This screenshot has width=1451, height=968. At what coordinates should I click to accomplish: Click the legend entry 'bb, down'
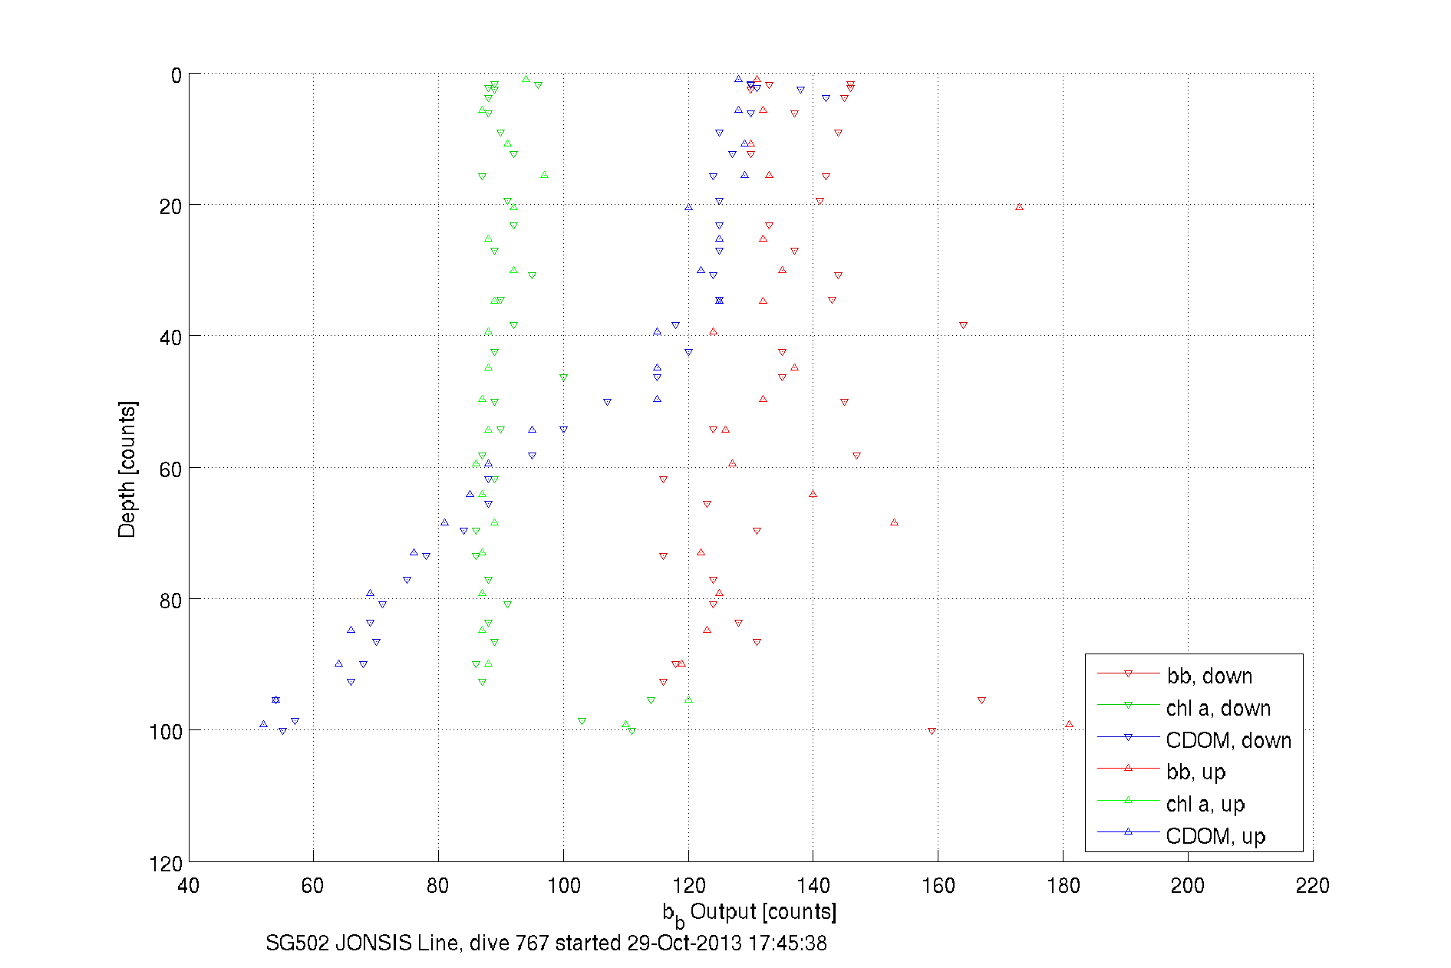tap(1209, 676)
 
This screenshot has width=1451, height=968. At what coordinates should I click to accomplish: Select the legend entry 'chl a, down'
tap(1218, 708)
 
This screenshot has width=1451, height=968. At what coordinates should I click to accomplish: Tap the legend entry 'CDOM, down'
tap(1228, 740)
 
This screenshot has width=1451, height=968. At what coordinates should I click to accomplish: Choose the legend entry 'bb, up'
tap(1195, 772)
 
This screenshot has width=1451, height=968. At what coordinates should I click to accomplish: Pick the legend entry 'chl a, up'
tap(1205, 804)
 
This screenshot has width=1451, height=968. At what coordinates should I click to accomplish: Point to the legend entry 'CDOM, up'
tap(1215, 836)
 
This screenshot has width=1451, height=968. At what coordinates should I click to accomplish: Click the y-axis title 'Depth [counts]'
tap(127, 469)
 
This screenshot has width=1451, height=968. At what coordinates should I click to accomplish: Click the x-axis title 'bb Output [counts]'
tap(750, 912)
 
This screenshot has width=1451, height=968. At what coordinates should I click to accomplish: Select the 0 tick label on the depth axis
tap(176, 76)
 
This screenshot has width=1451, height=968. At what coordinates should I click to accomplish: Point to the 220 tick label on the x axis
tap(1312, 887)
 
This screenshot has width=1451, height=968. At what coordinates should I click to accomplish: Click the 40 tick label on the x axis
tap(188, 887)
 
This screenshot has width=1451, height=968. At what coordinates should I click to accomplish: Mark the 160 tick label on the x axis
tap(938, 887)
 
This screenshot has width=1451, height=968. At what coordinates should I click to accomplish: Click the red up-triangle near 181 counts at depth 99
tap(1069, 724)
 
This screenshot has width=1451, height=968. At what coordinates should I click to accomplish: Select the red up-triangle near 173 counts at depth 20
tap(1019, 207)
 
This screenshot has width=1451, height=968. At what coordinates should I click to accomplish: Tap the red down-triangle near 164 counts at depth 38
tap(963, 325)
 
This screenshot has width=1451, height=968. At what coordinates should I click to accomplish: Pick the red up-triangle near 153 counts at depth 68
tap(894, 522)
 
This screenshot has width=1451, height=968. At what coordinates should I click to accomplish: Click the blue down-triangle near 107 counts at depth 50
tap(607, 402)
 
